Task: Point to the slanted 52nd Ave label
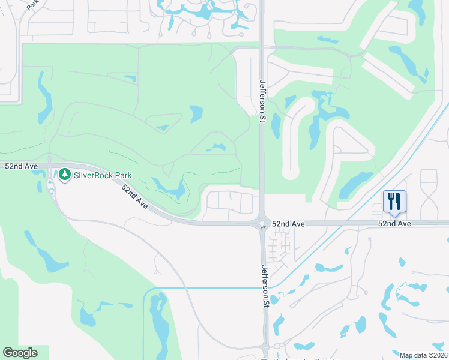coord(134,196)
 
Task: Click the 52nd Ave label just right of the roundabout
coord(288,223)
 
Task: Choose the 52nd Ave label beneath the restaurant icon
coord(394,223)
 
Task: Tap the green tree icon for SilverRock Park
coord(65,175)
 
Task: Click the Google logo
coord(20,353)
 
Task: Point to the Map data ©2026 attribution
coord(423,355)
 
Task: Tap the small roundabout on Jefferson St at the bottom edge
coord(264,359)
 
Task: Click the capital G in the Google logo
coord(7,353)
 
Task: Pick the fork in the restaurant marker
coord(391,200)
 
